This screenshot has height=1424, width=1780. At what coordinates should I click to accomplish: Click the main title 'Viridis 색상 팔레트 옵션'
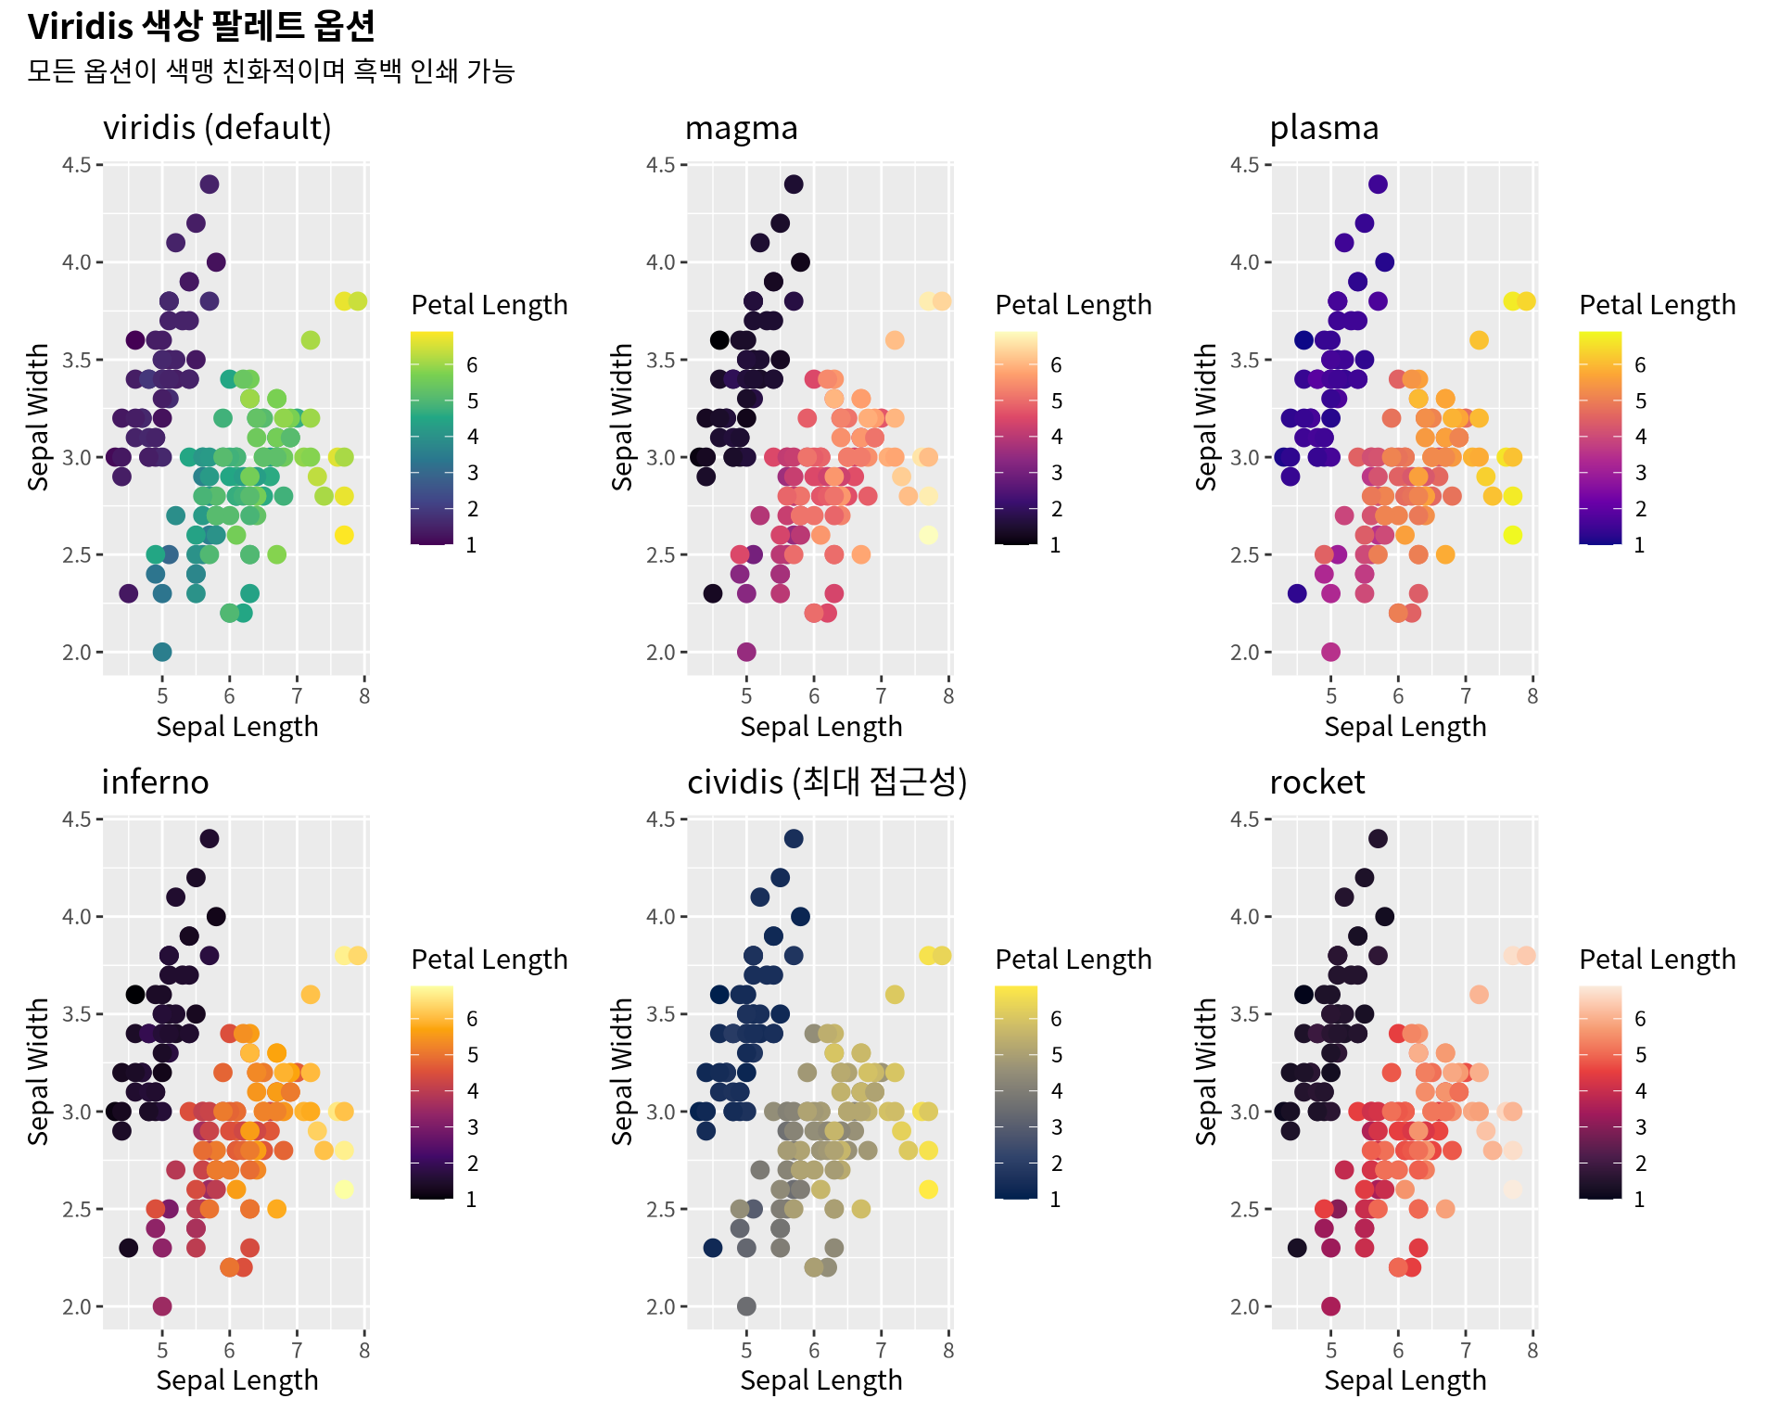coord(201,27)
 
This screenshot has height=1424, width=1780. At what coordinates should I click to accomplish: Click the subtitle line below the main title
coord(271,71)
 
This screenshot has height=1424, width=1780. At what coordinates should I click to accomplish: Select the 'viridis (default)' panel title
coord(217,128)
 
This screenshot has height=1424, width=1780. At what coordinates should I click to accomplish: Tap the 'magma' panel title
coord(741,128)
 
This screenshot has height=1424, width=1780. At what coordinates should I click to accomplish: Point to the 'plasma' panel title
coord(1324,128)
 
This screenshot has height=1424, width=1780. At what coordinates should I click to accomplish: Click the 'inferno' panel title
coord(155,782)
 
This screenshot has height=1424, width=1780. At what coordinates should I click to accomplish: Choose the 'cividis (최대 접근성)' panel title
coord(827,782)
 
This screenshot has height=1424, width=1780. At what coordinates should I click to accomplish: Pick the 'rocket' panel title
coord(1316,782)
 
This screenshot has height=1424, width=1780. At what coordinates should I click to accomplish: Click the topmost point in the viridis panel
coord(210,184)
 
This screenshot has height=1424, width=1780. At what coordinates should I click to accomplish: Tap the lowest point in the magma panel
coord(746,652)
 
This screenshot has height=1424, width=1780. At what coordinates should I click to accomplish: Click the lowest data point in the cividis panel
coord(746,1306)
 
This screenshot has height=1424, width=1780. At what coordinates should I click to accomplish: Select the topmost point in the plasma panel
coord(1378,184)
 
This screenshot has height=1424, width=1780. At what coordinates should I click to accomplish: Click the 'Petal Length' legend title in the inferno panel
coord(489,960)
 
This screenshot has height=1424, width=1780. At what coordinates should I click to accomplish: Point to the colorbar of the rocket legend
coord(1600,1092)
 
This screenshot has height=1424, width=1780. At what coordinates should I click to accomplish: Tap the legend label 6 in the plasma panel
coord(1640,365)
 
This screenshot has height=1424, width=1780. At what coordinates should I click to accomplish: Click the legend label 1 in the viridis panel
coord(471,545)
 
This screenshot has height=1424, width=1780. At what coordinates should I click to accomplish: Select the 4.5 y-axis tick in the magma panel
coord(661,165)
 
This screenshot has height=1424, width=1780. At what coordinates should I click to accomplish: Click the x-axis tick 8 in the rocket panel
coord(1532,1351)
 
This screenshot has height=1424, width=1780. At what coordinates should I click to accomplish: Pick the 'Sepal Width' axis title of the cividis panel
coord(622,1072)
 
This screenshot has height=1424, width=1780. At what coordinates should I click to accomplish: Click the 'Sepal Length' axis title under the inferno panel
coord(237,1381)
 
